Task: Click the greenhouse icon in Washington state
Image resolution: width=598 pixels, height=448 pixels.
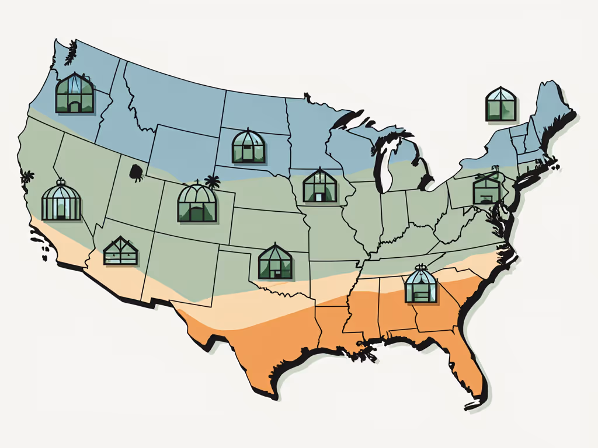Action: (x=74, y=93)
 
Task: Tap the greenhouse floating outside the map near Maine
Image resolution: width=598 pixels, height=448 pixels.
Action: (x=501, y=104)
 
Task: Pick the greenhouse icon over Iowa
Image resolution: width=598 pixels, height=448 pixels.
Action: (x=320, y=185)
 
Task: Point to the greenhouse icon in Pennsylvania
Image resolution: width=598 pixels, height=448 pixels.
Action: (x=487, y=188)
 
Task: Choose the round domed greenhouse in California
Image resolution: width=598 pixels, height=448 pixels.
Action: (x=61, y=201)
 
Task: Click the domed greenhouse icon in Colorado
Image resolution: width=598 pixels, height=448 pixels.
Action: (x=197, y=204)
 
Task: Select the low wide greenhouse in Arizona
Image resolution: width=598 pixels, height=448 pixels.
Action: (x=120, y=251)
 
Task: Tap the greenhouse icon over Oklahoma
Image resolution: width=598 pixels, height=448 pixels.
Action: (x=275, y=261)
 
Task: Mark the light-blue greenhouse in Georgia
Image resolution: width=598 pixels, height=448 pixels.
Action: (x=421, y=285)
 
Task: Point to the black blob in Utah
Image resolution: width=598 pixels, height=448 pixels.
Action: (x=136, y=171)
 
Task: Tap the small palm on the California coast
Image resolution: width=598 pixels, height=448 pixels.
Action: (x=26, y=176)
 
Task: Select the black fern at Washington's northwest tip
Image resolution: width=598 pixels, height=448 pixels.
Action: (x=71, y=52)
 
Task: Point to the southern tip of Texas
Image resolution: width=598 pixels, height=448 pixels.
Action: (x=270, y=394)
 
